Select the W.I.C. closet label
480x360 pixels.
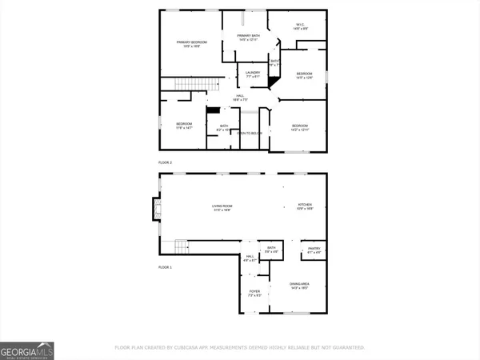coord(299,27)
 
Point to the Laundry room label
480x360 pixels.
coord(253,74)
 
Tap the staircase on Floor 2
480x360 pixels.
coord(190,86)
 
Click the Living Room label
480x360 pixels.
coord(222,208)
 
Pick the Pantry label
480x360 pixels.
coord(314,251)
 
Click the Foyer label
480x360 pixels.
coord(254,294)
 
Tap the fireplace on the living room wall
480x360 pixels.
coord(154,208)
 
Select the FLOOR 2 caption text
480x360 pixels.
coord(166,162)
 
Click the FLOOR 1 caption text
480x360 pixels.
coord(166,266)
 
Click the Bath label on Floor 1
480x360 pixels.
coord(271,250)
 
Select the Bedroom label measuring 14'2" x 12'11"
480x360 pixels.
coord(300,127)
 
